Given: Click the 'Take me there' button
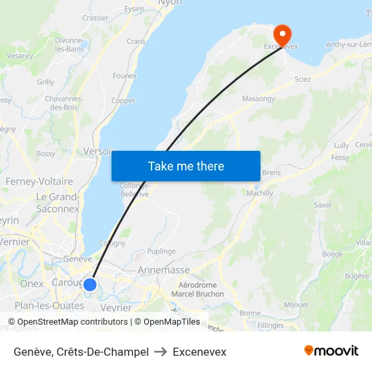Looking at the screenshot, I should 186,166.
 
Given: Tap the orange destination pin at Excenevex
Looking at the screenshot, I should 281,34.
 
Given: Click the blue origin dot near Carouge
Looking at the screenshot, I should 89,285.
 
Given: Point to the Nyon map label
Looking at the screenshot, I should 170,3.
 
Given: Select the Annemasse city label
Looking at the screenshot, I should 164,270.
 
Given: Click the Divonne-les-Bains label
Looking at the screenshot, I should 69,45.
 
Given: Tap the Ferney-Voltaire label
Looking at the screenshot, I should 39,182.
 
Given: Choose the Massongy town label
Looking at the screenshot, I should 259,99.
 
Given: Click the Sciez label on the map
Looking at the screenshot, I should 303,79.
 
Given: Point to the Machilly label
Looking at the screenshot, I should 260,193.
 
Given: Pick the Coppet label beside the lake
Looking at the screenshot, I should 123,101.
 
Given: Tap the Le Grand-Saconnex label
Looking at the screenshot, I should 58,203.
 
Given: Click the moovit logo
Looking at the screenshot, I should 331,351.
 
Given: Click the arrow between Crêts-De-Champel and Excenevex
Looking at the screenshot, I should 161,352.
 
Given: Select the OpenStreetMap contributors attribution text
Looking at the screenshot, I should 72,322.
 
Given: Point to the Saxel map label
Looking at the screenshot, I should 323,204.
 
